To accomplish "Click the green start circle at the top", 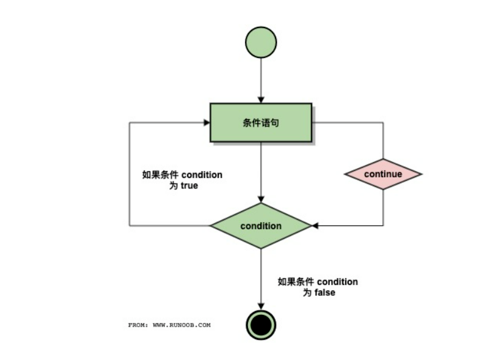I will pos(261,42).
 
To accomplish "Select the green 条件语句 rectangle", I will pos(261,122).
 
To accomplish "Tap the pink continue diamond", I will pos(383,174).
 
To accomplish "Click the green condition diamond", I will pos(261,226).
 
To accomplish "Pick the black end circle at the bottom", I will pos(261,324).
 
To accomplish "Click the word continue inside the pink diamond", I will pos(383,174).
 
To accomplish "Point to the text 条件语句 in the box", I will pos(261,122).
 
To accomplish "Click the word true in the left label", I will pos(189,185).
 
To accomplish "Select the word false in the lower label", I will pos(324,293).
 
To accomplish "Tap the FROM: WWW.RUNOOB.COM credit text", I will pos(169,325).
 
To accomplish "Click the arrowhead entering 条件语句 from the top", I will pos(261,99).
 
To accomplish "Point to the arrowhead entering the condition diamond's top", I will pos(261,199).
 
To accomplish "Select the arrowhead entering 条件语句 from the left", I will pos(207,122).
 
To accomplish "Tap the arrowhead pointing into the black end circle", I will pos(261,306).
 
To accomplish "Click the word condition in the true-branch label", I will pos(202,175).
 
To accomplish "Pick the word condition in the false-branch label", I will pos(337,282).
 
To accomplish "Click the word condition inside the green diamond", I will pos(261,226).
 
